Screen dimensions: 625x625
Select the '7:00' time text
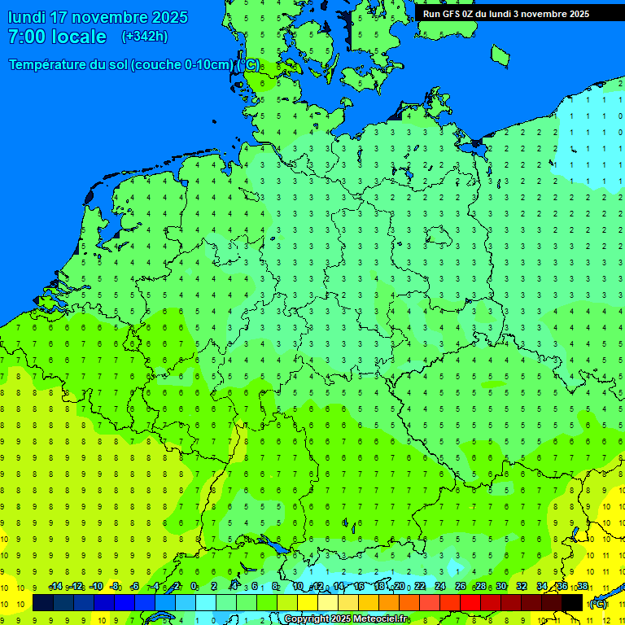26,37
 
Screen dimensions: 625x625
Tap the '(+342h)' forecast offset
144,37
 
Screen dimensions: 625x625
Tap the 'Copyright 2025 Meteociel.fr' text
346,619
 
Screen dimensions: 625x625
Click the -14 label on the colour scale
55,587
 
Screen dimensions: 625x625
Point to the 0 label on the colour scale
194,587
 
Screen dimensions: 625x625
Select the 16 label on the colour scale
358,587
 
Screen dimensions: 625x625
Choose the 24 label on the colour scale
440,587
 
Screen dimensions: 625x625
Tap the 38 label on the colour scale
583,587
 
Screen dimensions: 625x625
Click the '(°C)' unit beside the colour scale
597,604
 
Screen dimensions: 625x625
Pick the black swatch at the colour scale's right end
572,602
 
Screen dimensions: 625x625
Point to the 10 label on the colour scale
297,587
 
